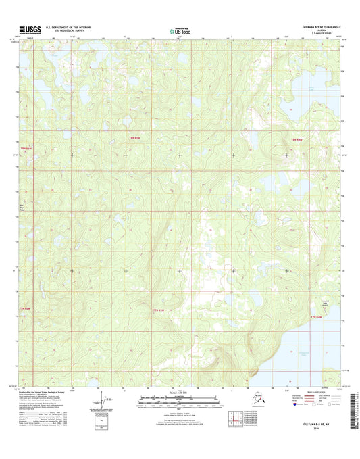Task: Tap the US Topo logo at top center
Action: click(180, 30)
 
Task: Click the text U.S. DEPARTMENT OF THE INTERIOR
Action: click(68, 28)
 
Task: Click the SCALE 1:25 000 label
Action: click(180, 392)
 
